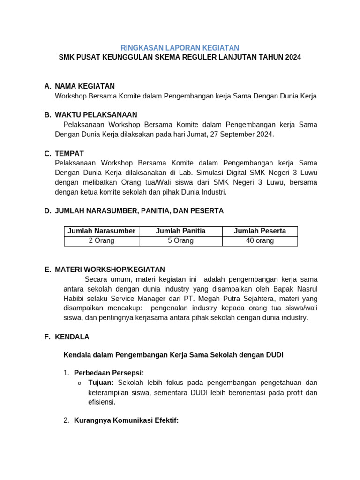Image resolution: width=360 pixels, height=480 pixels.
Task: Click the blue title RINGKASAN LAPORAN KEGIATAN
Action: pos(180,48)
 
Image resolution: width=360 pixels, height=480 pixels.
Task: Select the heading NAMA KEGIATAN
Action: pos(84,86)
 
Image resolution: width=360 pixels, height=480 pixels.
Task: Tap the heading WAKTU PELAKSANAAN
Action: pos(96,115)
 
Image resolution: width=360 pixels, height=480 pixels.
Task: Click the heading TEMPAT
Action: pos(69,153)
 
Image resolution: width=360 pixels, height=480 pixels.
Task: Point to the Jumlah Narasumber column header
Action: pos(102,231)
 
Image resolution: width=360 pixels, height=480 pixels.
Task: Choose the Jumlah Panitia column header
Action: pos(180,231)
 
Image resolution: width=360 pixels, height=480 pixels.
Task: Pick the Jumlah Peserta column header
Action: pos(260,231)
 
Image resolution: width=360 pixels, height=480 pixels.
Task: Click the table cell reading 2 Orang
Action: pos(102,240)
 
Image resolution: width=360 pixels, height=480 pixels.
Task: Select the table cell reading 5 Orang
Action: pos(180,240)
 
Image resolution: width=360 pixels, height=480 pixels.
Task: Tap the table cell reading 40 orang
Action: pos(260,240)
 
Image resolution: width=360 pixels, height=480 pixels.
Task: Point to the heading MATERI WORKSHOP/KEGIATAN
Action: pos(110,270)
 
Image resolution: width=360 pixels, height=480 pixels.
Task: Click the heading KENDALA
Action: pos(72,337)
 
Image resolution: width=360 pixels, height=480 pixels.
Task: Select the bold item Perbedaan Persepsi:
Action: pos(109,373)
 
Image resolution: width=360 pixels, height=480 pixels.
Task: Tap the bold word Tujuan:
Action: pos(101,382)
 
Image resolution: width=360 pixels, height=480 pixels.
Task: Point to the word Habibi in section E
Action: pos(75,299)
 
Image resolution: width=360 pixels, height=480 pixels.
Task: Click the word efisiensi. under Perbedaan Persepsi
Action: pos(102,402)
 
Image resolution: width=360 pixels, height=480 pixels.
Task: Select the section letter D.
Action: pos(47,211)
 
